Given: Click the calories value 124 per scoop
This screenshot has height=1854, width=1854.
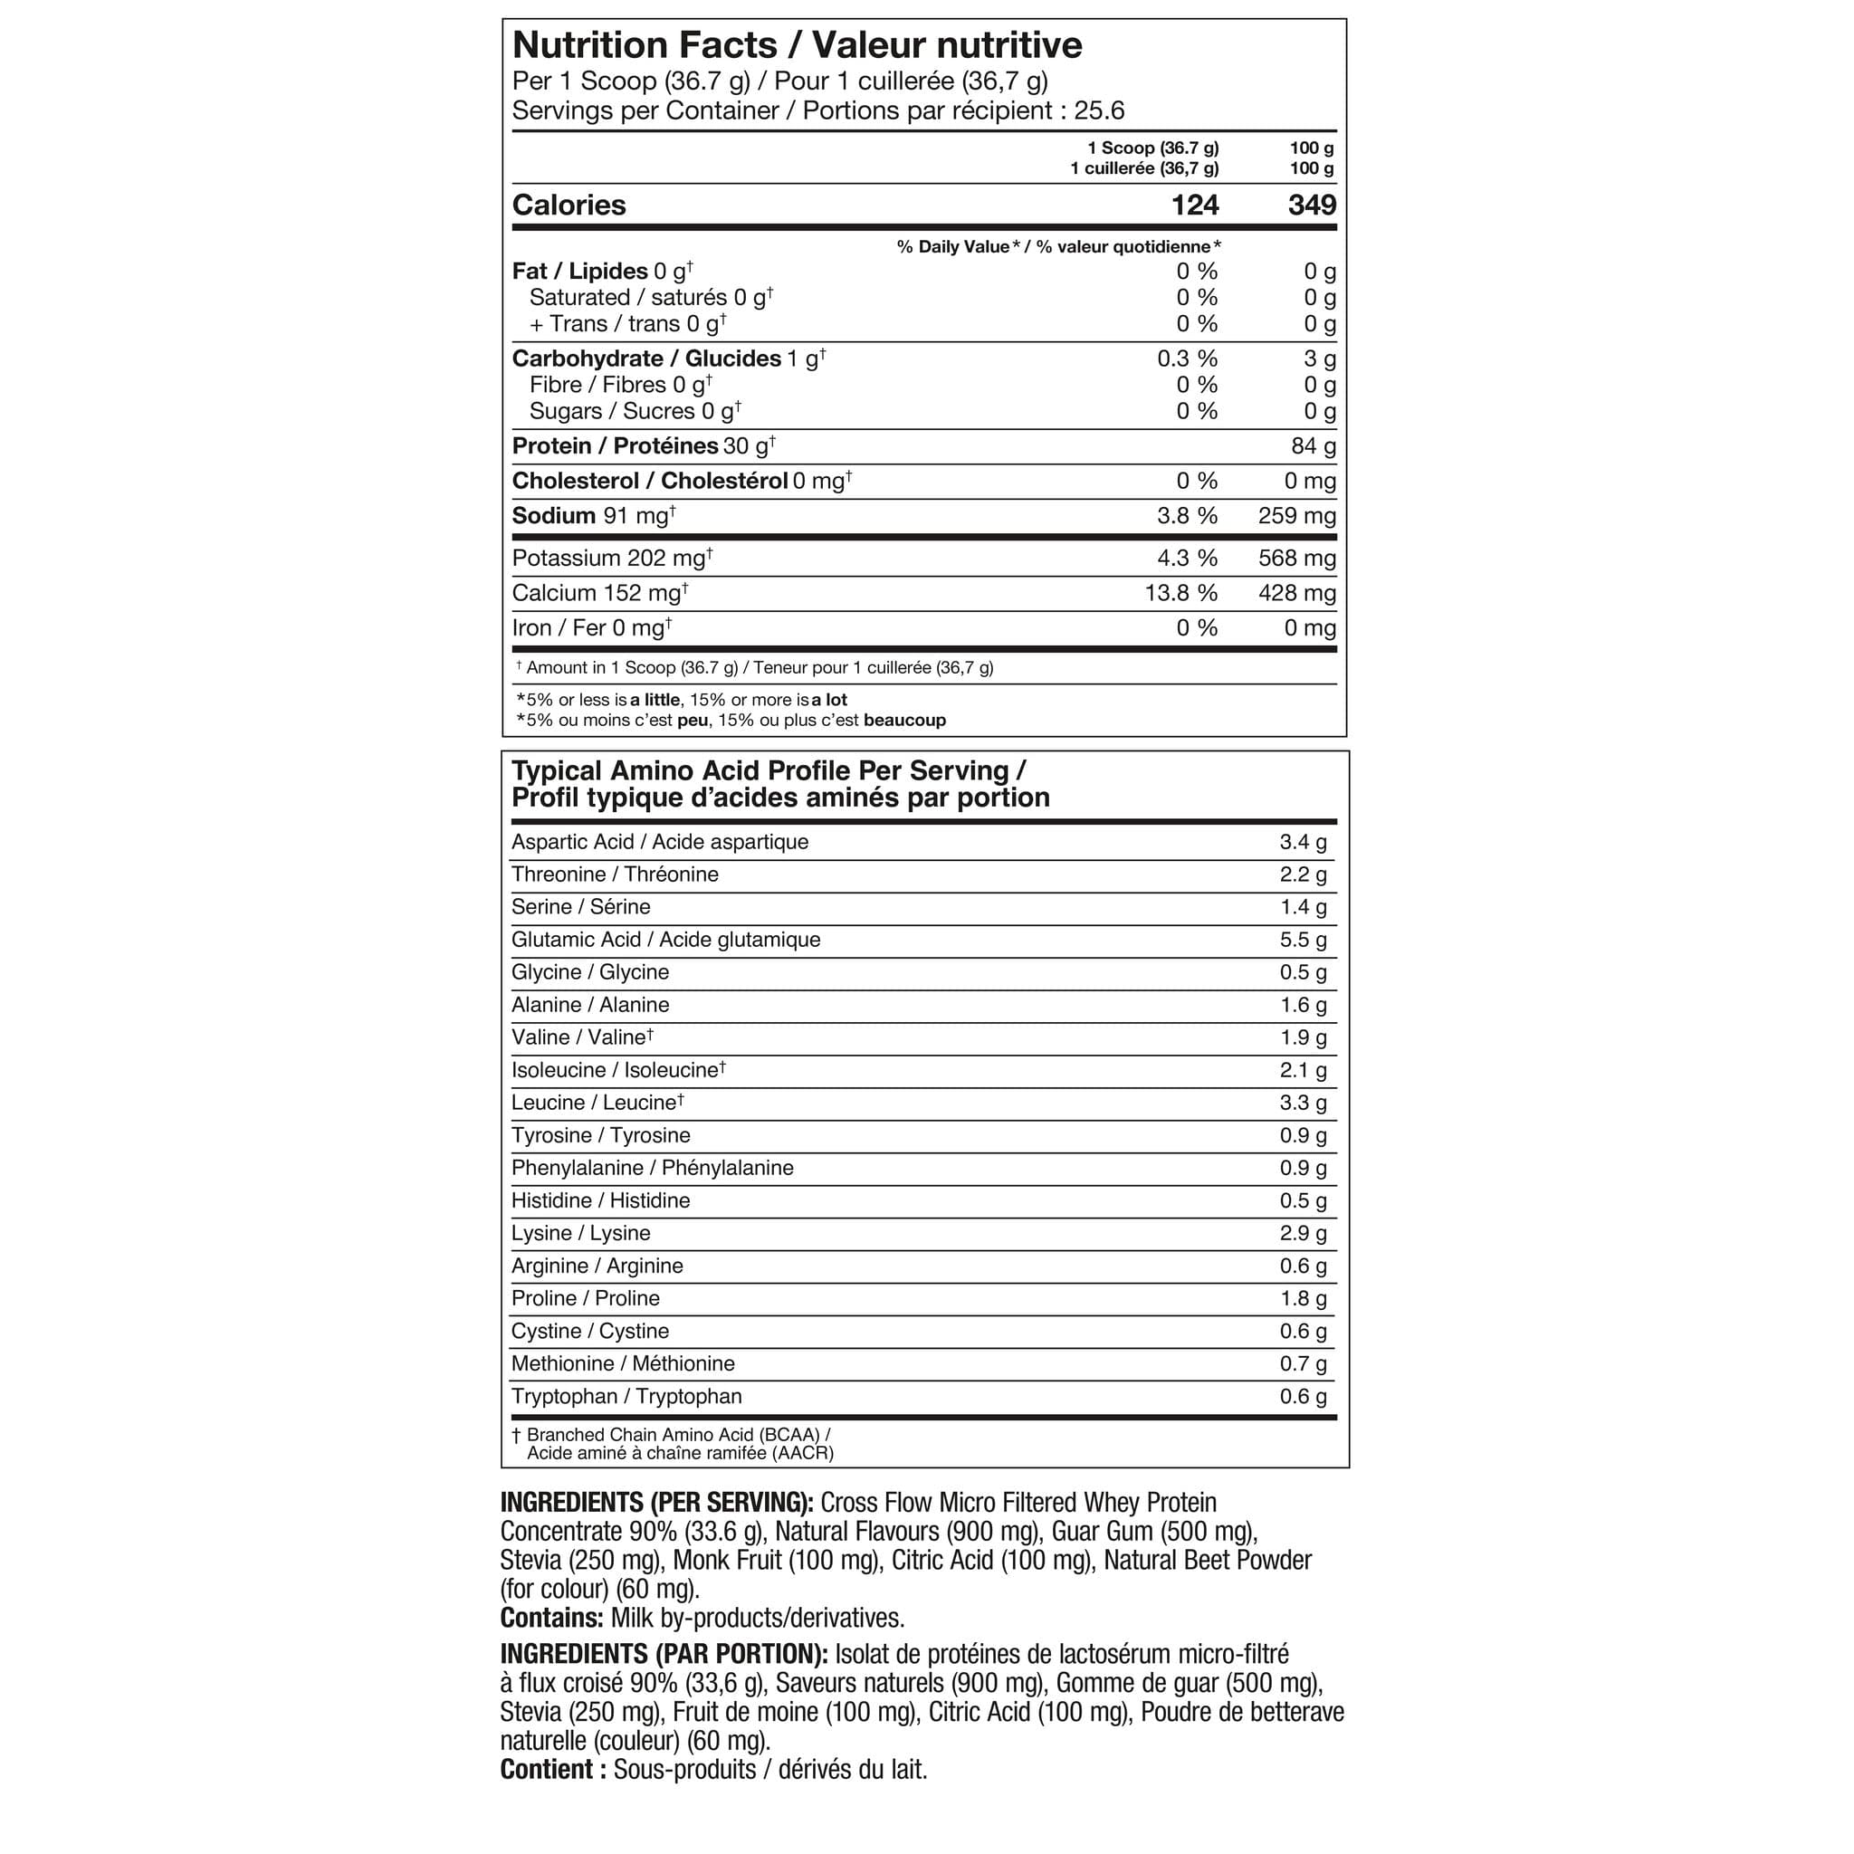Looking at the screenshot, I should [x=1195, y=205].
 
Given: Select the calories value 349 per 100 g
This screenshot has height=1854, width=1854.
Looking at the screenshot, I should [x=1312, y=205].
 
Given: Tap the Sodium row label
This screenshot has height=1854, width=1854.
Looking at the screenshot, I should [x=554, y=516].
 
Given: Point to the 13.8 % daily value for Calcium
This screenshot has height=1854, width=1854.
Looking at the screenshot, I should [x=1180, y=593].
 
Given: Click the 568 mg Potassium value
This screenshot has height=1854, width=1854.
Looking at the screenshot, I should [x=1296, y=559].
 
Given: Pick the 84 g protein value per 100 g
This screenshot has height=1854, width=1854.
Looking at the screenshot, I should [x=1313, y=446].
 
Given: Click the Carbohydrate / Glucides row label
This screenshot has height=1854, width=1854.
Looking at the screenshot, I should [x=645, y=358].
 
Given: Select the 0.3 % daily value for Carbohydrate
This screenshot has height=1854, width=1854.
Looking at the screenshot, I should [x=1187, y=358].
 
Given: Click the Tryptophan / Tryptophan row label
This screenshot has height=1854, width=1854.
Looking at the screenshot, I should [x=626, y=1396].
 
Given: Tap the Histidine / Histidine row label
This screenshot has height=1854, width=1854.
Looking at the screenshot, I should [x=600, y=1200].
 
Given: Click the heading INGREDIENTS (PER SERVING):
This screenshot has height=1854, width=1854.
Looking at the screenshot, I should [x=656, y=1503].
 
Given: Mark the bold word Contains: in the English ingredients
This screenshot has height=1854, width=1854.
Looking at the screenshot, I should [x=550, y=1618].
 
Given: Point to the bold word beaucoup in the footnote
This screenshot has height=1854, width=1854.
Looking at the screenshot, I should [x=904, y=720].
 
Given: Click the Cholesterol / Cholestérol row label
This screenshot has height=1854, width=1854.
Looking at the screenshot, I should [x=650, y=481].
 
